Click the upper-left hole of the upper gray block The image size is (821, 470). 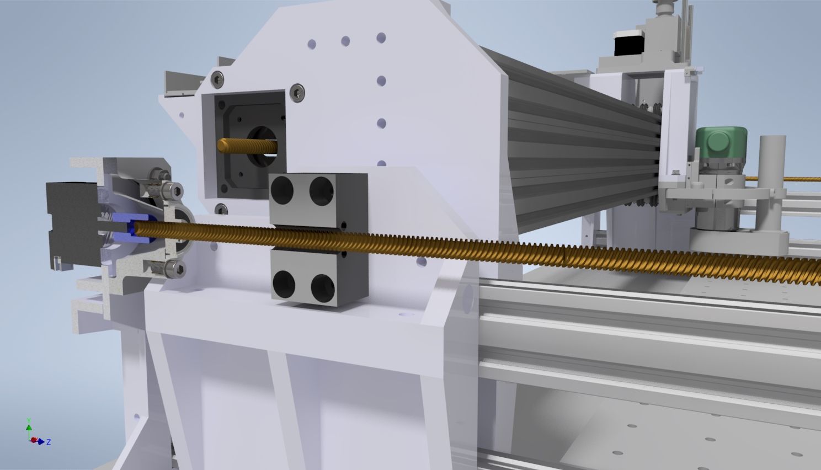(x=282, y=190)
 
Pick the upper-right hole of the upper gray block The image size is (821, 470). (x=322, y=191)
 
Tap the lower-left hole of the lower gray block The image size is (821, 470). (x=284, y=285)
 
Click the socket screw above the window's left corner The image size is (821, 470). (x=217, y=79)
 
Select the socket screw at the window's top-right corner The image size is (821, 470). (x=297, y=93)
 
